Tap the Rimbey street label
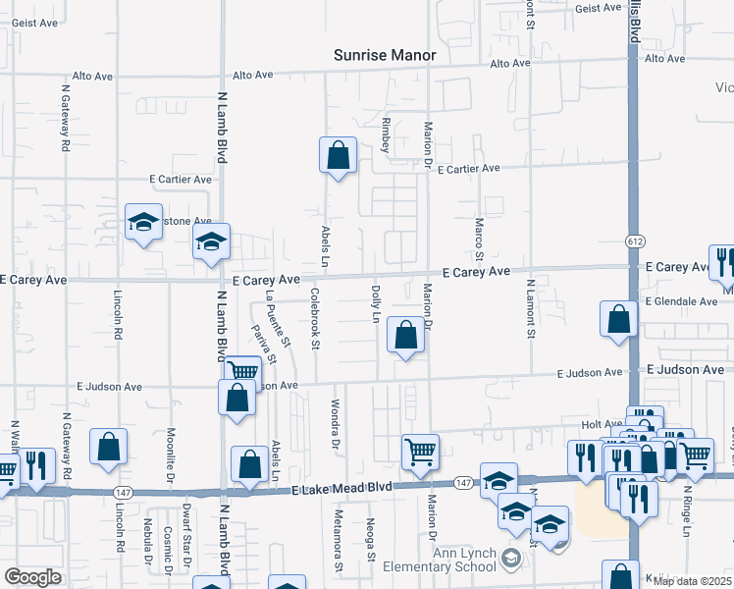coord(387,134)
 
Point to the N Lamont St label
coord(530,309)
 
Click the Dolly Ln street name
coord(375,304)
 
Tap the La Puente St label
coord(279,318)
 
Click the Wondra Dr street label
coord(335,423)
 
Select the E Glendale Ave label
coord(682,301)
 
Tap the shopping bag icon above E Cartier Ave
coord(338,156)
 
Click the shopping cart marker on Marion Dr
coord(420,452)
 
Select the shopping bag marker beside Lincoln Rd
coord(108,446)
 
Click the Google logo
coord(32,577)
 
